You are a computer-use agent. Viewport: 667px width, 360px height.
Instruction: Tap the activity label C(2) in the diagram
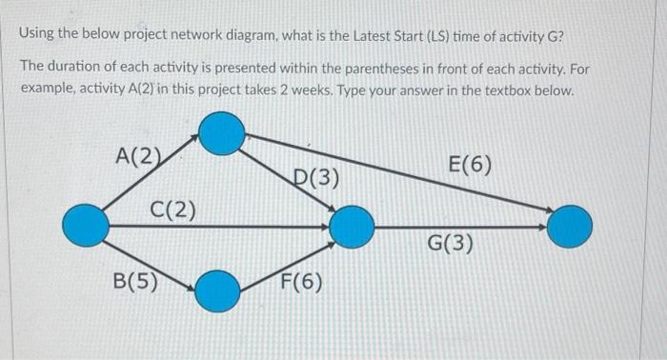173,209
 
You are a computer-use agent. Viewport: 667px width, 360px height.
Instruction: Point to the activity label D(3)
315,178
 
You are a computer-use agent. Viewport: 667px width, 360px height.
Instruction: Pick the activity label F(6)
301,283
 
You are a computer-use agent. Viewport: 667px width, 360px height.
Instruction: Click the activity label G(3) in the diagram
450,244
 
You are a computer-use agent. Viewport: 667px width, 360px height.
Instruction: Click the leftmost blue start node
86,226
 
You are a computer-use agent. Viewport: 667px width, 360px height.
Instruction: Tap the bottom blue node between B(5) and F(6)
217,290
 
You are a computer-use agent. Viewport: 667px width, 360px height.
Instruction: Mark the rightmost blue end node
570,226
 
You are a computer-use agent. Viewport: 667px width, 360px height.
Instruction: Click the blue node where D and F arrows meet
352,226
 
